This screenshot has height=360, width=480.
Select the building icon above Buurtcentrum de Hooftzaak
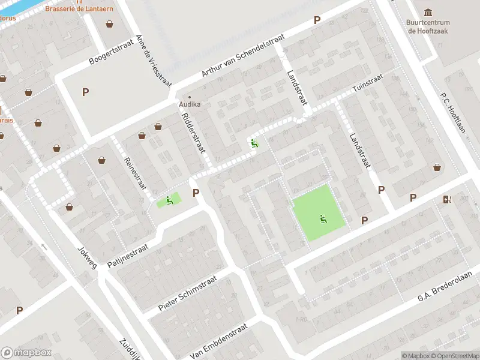pos(428,13)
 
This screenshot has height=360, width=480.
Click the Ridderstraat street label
pos(194,133)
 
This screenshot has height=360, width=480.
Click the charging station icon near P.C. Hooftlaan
pos(446,200)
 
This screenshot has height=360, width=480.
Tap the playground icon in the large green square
pos(324,220)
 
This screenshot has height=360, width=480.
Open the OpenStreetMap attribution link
pos(454,356)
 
